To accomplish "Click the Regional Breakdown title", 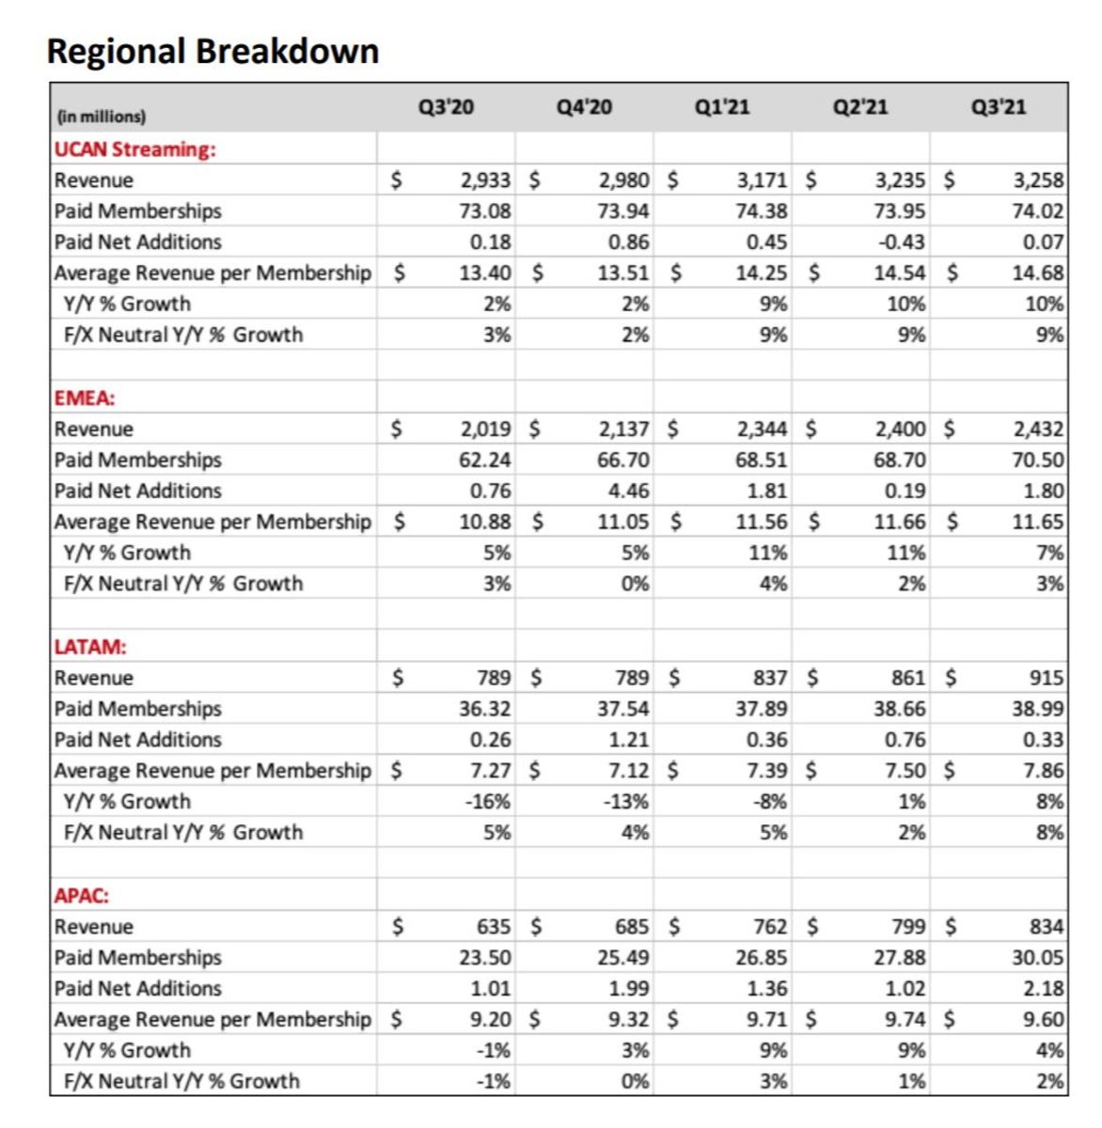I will point(213,51).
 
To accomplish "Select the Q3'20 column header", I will point(446,107).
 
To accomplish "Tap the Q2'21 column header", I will point(860,107).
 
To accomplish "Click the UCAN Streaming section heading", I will point(134,149).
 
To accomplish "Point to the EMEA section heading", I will point(85,398).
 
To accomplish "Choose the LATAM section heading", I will point(90,647).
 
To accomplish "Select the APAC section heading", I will point(82,896).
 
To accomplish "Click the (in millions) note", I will point(102,117).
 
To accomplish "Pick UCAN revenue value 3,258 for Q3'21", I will point(1039,180).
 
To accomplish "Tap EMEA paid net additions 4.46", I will point(628,491).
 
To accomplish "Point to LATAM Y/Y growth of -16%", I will point(491,802).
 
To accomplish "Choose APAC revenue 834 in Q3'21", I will point(1047,927).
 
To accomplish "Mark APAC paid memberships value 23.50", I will point(485,958).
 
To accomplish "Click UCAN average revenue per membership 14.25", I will point(762,273).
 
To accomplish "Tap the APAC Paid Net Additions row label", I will point(138,989).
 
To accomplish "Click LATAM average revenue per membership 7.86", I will point(1044,771).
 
